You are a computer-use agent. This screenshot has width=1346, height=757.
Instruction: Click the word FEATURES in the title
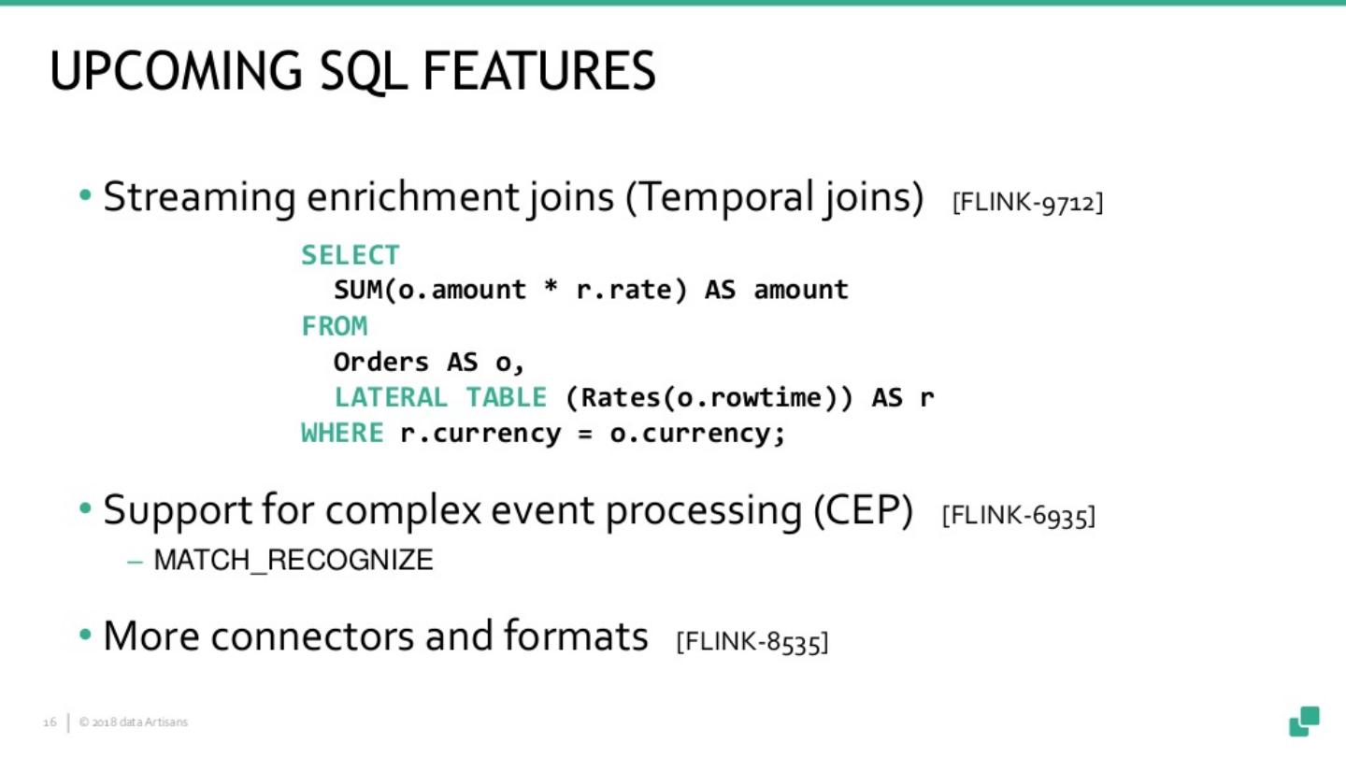(539, 72)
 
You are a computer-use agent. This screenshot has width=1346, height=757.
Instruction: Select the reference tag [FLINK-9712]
(1027, 202)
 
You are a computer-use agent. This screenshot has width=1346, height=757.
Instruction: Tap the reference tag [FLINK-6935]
(1018, 516)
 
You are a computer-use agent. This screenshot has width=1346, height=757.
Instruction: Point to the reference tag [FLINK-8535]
(752, 642)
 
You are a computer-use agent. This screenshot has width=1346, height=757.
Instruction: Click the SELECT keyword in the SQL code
(351, 255)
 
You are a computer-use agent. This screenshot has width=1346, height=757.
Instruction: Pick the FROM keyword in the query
(335, 326)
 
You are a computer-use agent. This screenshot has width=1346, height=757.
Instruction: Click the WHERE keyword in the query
(342, 434)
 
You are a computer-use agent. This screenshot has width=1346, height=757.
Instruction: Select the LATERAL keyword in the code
(391, 397)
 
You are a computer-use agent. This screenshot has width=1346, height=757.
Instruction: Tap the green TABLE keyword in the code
(506, 397)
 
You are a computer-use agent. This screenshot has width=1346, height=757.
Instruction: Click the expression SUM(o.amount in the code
(430, 291)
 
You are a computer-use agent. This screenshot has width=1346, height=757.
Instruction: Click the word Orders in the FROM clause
(380, 362)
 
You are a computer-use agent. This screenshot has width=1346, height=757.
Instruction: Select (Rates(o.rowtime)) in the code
(709, 397)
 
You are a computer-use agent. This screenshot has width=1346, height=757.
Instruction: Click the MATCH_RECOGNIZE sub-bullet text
(293, 561)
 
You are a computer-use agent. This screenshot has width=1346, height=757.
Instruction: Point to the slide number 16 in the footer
(50, 722)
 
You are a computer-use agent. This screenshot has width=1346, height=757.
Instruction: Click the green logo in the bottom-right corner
(1304, 721)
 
